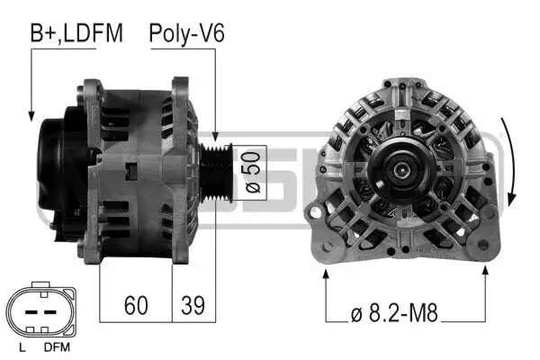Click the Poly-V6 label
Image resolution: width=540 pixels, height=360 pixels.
coord(186,34)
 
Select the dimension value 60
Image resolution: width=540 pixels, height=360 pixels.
coord(136,305)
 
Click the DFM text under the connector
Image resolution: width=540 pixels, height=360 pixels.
coord(56,346)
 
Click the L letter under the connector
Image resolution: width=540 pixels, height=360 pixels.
coord(21,346)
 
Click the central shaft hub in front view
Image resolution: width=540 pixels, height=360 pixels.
coord(404,167)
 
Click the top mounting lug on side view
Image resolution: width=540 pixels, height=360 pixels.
coord(93,88)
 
